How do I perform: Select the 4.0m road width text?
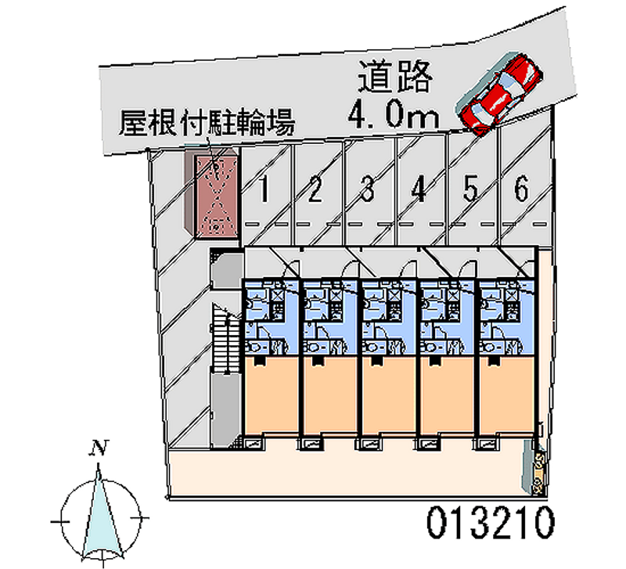pos(392,116)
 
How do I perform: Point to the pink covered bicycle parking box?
pos(214,193)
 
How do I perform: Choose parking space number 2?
pos(316,189)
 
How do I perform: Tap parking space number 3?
pos(367,189)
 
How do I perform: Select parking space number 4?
pos(419,189)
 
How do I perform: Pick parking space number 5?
pos(470,189)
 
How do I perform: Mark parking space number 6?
pos(521,189)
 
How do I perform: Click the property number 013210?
pos(491,520)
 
